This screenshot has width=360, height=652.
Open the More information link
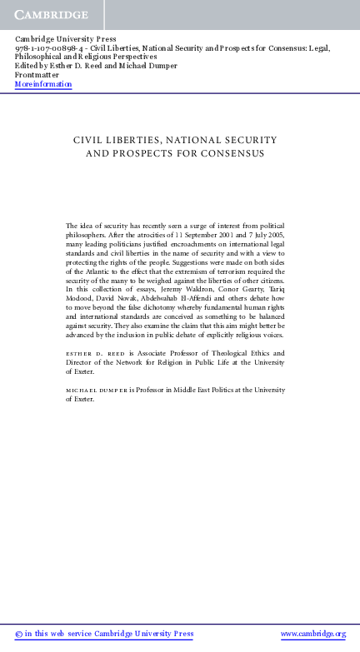(x=43, y=84)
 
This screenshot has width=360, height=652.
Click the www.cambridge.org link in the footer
(x=312, y=635)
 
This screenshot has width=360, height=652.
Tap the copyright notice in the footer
(x=104, y=635)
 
